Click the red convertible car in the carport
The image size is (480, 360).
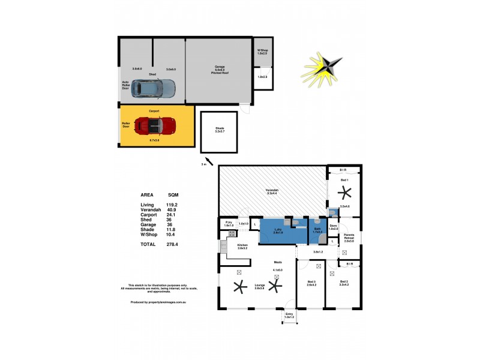pos(154,125)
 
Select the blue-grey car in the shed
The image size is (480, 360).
pos(154,89)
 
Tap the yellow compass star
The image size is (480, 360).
pos(323,68)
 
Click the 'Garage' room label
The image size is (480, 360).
pos(220,67)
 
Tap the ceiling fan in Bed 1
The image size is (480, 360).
pos(345,193)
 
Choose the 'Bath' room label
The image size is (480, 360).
pos(317,229)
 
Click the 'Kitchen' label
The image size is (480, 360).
pos(242,245)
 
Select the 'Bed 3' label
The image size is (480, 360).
pos(311,281)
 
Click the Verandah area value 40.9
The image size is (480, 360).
pos(173,210)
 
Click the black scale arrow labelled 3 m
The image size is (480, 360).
pos(208,158)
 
